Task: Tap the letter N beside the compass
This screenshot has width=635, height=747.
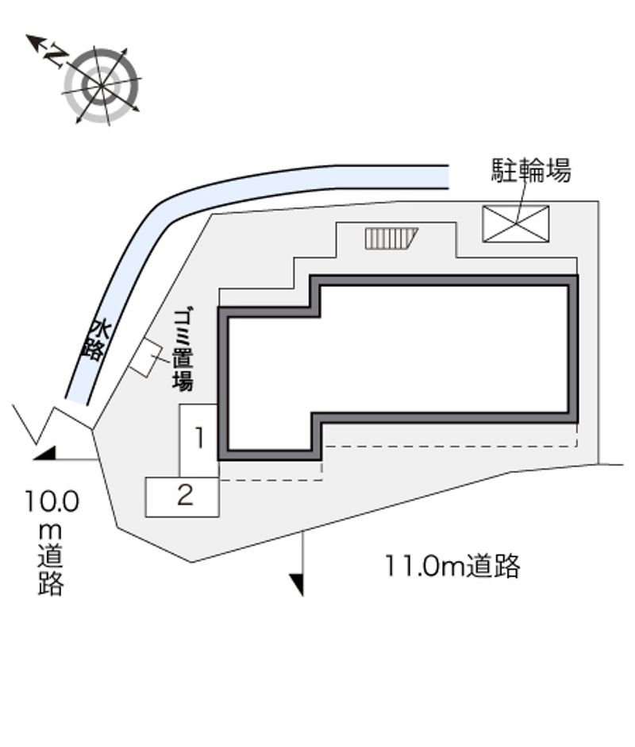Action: coord(56,54)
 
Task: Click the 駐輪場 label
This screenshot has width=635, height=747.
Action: coord(531,170)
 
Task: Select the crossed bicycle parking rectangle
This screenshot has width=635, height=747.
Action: coord(516,224)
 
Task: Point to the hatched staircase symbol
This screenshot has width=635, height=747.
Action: coord(391,238)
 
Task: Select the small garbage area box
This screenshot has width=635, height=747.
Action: coord(144,358)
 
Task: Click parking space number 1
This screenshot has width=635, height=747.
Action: coord(199,439)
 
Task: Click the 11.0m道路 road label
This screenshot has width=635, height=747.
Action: coord(452,566)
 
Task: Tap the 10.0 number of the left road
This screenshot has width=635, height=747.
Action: coord(52,501)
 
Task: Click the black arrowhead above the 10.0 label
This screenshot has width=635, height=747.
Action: coord(45,454)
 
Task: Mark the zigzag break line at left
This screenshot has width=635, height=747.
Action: coord(36,423)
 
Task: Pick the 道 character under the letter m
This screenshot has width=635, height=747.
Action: coord(51,556)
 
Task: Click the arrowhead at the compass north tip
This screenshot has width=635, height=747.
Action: coord(33,41)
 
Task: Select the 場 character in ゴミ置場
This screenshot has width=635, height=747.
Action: coord(183,381)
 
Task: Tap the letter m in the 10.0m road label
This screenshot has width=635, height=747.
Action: coord(50,530)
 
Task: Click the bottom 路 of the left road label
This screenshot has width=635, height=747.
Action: coord(51,583)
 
